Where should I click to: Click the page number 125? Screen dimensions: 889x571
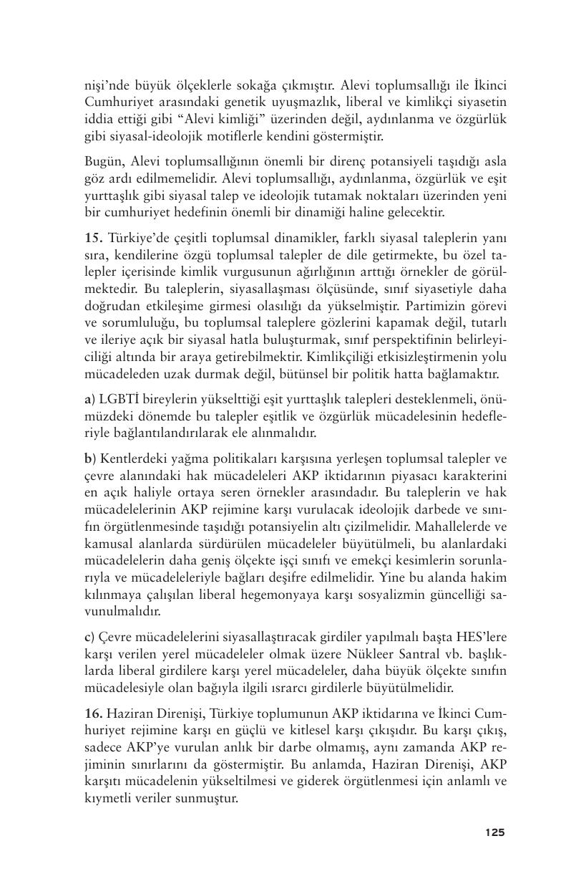(494, 832)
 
